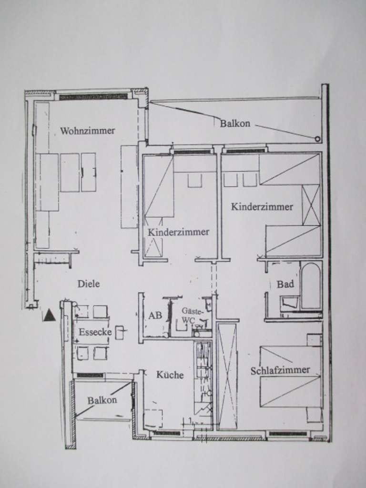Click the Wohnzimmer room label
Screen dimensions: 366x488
88,131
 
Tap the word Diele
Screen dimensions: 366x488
89,284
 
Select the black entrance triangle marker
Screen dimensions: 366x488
49,315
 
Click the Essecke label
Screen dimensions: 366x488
95,332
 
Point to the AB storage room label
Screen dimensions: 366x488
155,315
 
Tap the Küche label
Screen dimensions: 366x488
170,375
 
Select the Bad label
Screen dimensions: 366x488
285,284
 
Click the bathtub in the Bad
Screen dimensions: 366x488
311,286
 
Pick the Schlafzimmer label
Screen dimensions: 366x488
280,370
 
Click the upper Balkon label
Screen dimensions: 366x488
235,123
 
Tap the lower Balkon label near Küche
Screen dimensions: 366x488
102,400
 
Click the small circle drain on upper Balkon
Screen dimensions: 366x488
317,139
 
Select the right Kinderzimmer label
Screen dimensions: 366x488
262,207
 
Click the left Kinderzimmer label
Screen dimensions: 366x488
178,232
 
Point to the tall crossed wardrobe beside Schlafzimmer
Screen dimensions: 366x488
227,376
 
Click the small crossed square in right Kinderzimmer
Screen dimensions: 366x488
311,205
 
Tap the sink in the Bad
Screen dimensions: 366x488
289,303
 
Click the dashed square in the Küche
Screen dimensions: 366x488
153,418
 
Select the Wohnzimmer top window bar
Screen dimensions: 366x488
93,97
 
